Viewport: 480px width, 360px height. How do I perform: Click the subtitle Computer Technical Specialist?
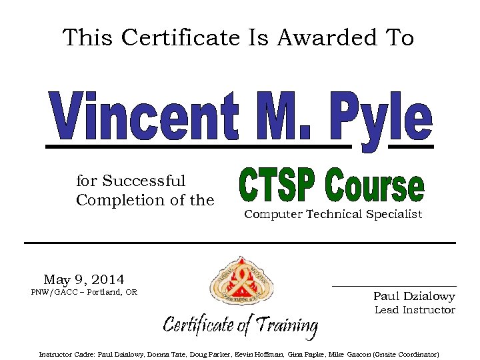(x=333, y=214)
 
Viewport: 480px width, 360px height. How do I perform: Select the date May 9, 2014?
(x=84, y=279)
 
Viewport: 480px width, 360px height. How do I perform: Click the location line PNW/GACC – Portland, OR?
(x=84, y=292)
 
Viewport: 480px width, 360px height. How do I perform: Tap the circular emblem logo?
(x=241, y=282)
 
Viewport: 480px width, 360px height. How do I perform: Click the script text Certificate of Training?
(x=241, y=325)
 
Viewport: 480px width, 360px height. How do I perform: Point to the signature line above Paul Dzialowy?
(x=394, y=286)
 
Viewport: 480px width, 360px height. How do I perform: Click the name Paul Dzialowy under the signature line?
(x=414, y=296)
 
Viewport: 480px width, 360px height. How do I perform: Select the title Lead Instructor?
(x=415, y=309)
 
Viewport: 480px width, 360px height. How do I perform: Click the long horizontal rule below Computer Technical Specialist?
(x=239, y=243)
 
